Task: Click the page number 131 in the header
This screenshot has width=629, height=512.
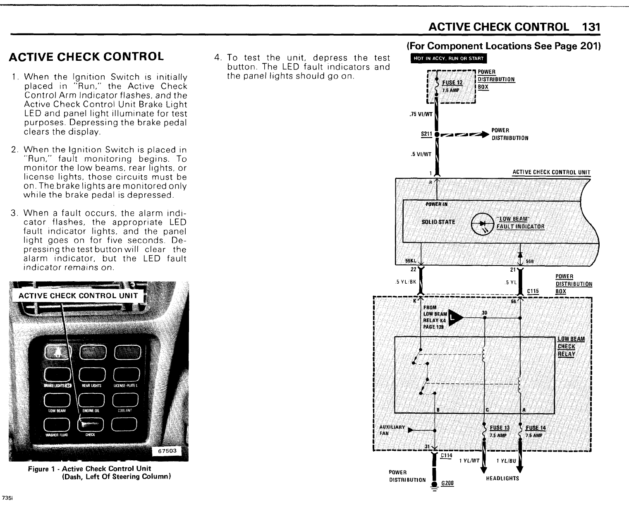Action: coord(590,27)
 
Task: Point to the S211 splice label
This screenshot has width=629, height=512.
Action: coord(425,134)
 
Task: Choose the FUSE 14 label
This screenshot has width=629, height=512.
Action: coord(535,428)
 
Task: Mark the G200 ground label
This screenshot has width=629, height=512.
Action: coord(447,483)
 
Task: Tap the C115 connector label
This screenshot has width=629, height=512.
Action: coord(533,291)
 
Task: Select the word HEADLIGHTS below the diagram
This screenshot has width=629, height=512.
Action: coord(502,479)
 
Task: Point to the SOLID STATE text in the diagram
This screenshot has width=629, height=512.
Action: coord(438,222)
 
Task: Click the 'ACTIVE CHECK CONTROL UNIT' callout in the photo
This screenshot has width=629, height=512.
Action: coord(78,295)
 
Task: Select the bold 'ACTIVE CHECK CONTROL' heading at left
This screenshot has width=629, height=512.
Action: coord(86,56)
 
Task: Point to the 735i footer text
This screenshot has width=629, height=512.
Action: coord(7,498)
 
